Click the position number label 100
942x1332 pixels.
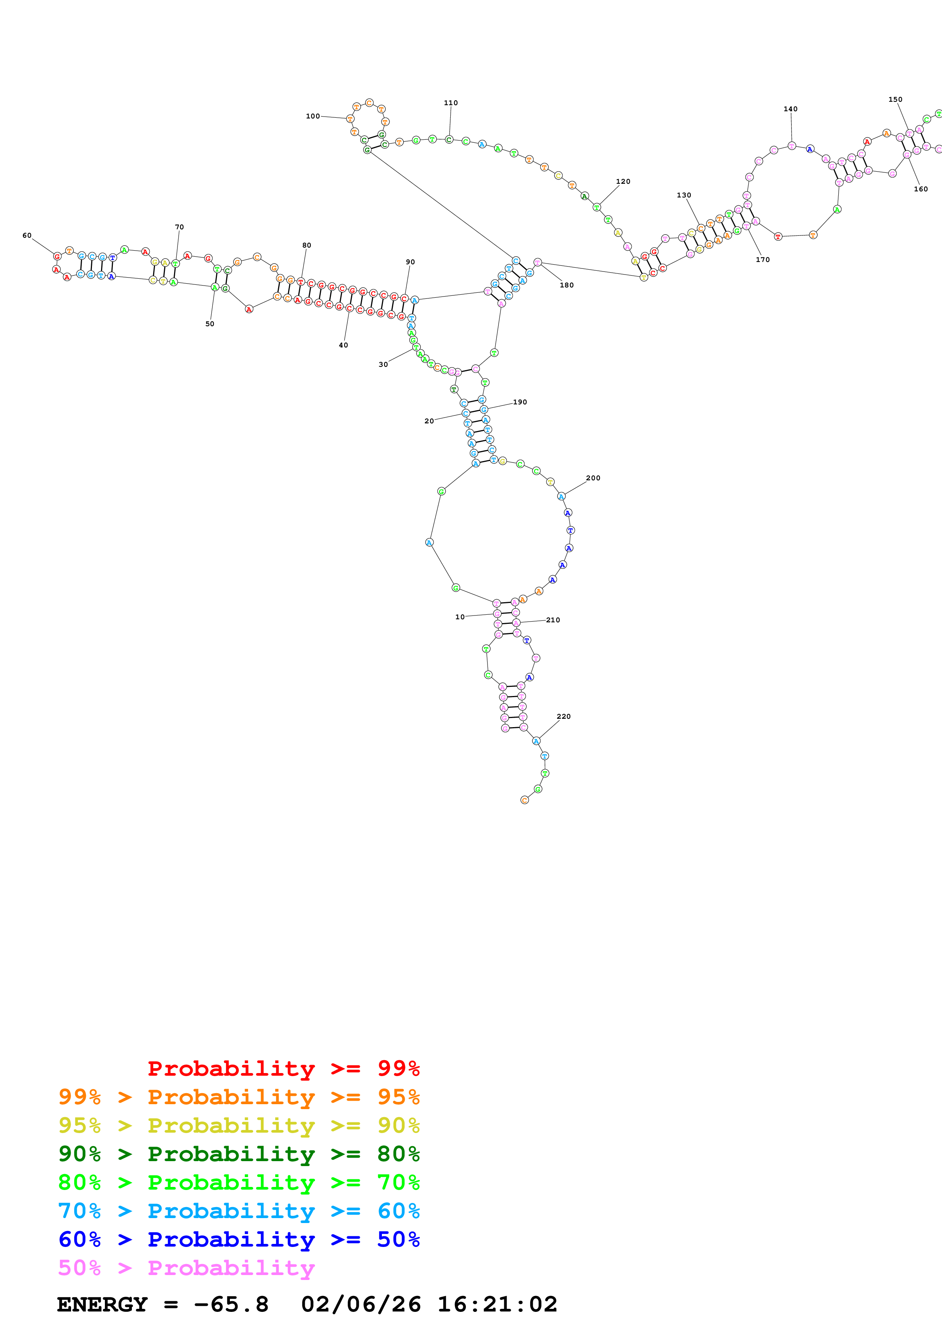pyautogui.click(x=312, y=116)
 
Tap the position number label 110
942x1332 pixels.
pyautogui.click(x=450, y=103)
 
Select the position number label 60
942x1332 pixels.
pyautogui.click(x=27, y=235)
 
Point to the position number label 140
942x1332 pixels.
pyautogui.click(x=790, y=109)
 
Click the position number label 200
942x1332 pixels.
pyautogui.click(x=592, y=478)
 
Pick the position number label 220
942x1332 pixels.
pyautogui.click(x=563, y=717)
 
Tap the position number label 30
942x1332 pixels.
pyautogui.click(x=383, y=365)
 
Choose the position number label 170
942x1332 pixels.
pyautogui.click(x=762, y=259)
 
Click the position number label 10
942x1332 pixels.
pyautogui.click(x=460, y=617)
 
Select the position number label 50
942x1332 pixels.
pyautogui.click(x=209, y=324)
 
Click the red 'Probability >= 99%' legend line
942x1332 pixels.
pyautogui.click(x=283, y=1068)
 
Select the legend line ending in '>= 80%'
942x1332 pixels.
pyautogui.click(x=239, y=1154)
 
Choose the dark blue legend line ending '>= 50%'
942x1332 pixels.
pyautogui.click(x=239, y=1239)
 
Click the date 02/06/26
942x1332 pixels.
pyautogui.click(x=361, y=1304)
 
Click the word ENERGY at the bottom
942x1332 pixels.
pyautogui.click(x=102, y=1304)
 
